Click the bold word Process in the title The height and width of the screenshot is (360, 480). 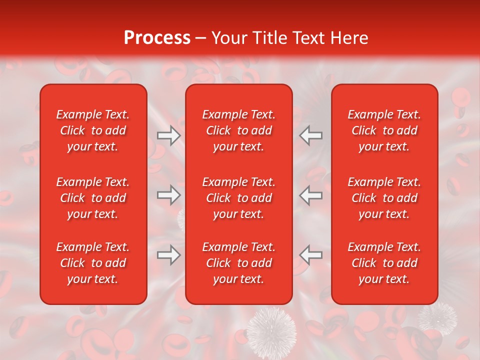pos(157,38)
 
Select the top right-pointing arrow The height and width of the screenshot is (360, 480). pos(168,135)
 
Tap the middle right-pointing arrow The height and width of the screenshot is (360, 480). pos(168,195)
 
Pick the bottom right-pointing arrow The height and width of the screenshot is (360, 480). pos(168,255)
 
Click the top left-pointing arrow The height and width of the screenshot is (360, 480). pos(310,135)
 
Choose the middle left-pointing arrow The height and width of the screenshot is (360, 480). pos(310,195)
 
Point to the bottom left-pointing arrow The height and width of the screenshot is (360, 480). pos(310,255)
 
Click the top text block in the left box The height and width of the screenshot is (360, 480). pos(93,130)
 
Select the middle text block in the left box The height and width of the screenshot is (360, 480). pos(93,198)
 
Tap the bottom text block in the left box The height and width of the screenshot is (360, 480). pos(93,263)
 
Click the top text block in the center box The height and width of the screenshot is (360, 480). pos(239,130)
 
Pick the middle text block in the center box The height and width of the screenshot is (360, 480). pos(239,198)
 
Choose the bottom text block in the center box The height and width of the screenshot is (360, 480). pos(239,263)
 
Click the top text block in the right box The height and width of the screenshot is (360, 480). pos(384,130)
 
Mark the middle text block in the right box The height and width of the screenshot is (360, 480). pos(384,198)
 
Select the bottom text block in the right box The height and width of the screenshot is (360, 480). pos(384,263)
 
